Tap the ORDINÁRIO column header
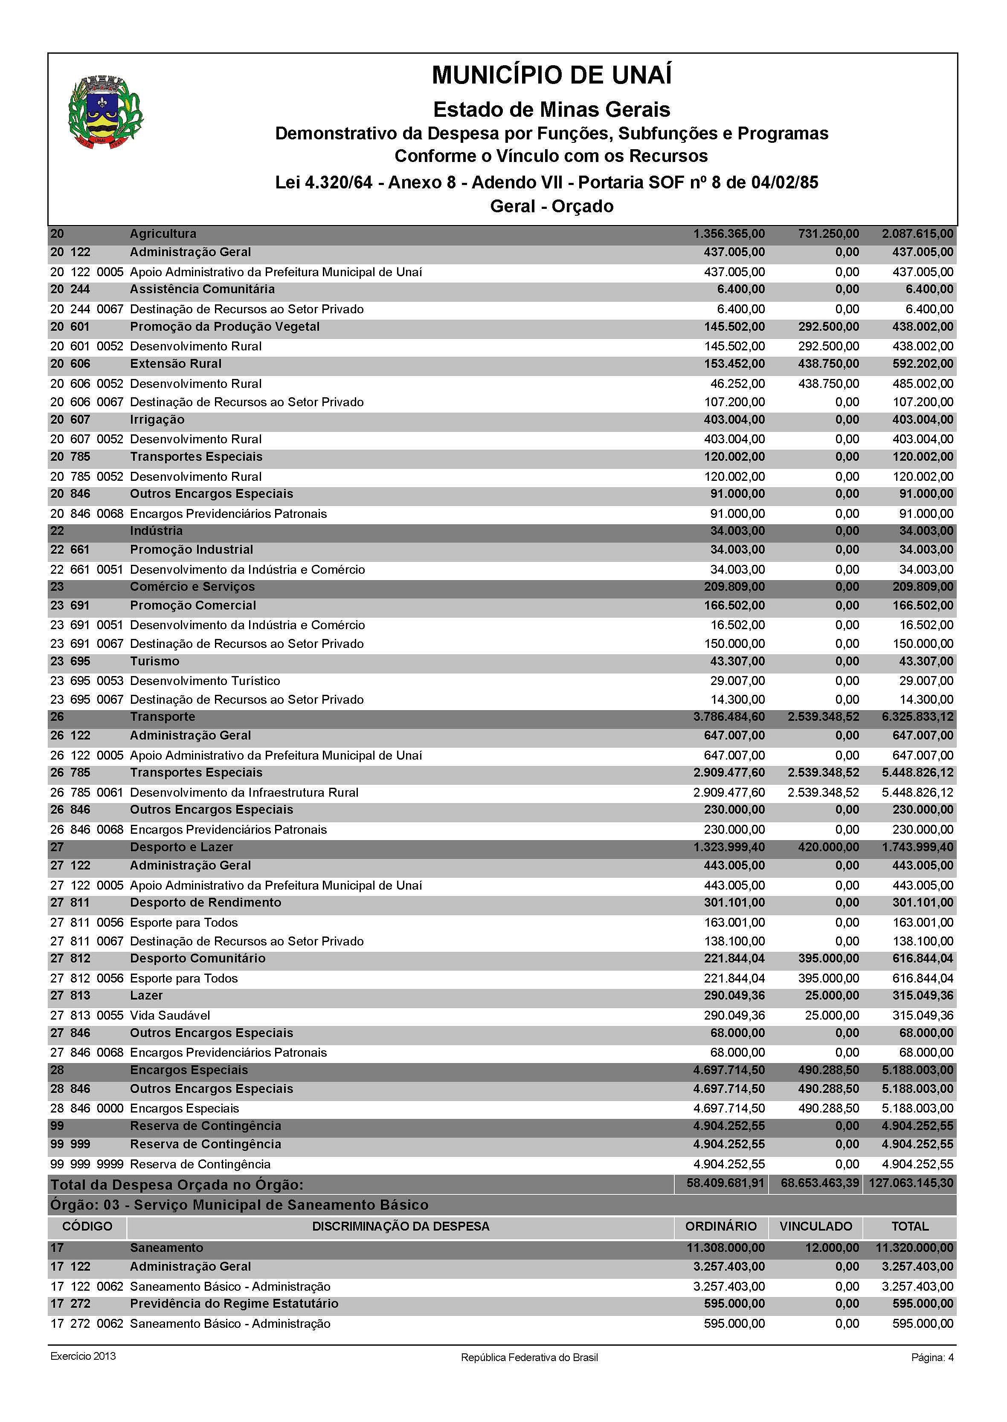(x=720, y=1226)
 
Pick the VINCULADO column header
(x=815, y=1226)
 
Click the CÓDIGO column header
(x=87, y=1226)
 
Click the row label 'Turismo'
(x=154, y=661)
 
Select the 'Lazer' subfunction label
(x=146, y=996)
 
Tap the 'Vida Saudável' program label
(x=170, y=1015)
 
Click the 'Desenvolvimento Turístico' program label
(x=205, y=681)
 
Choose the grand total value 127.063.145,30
(x=911, y=1183)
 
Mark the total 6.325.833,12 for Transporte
(x=918, y=717)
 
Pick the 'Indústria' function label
(x=156, y=531)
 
